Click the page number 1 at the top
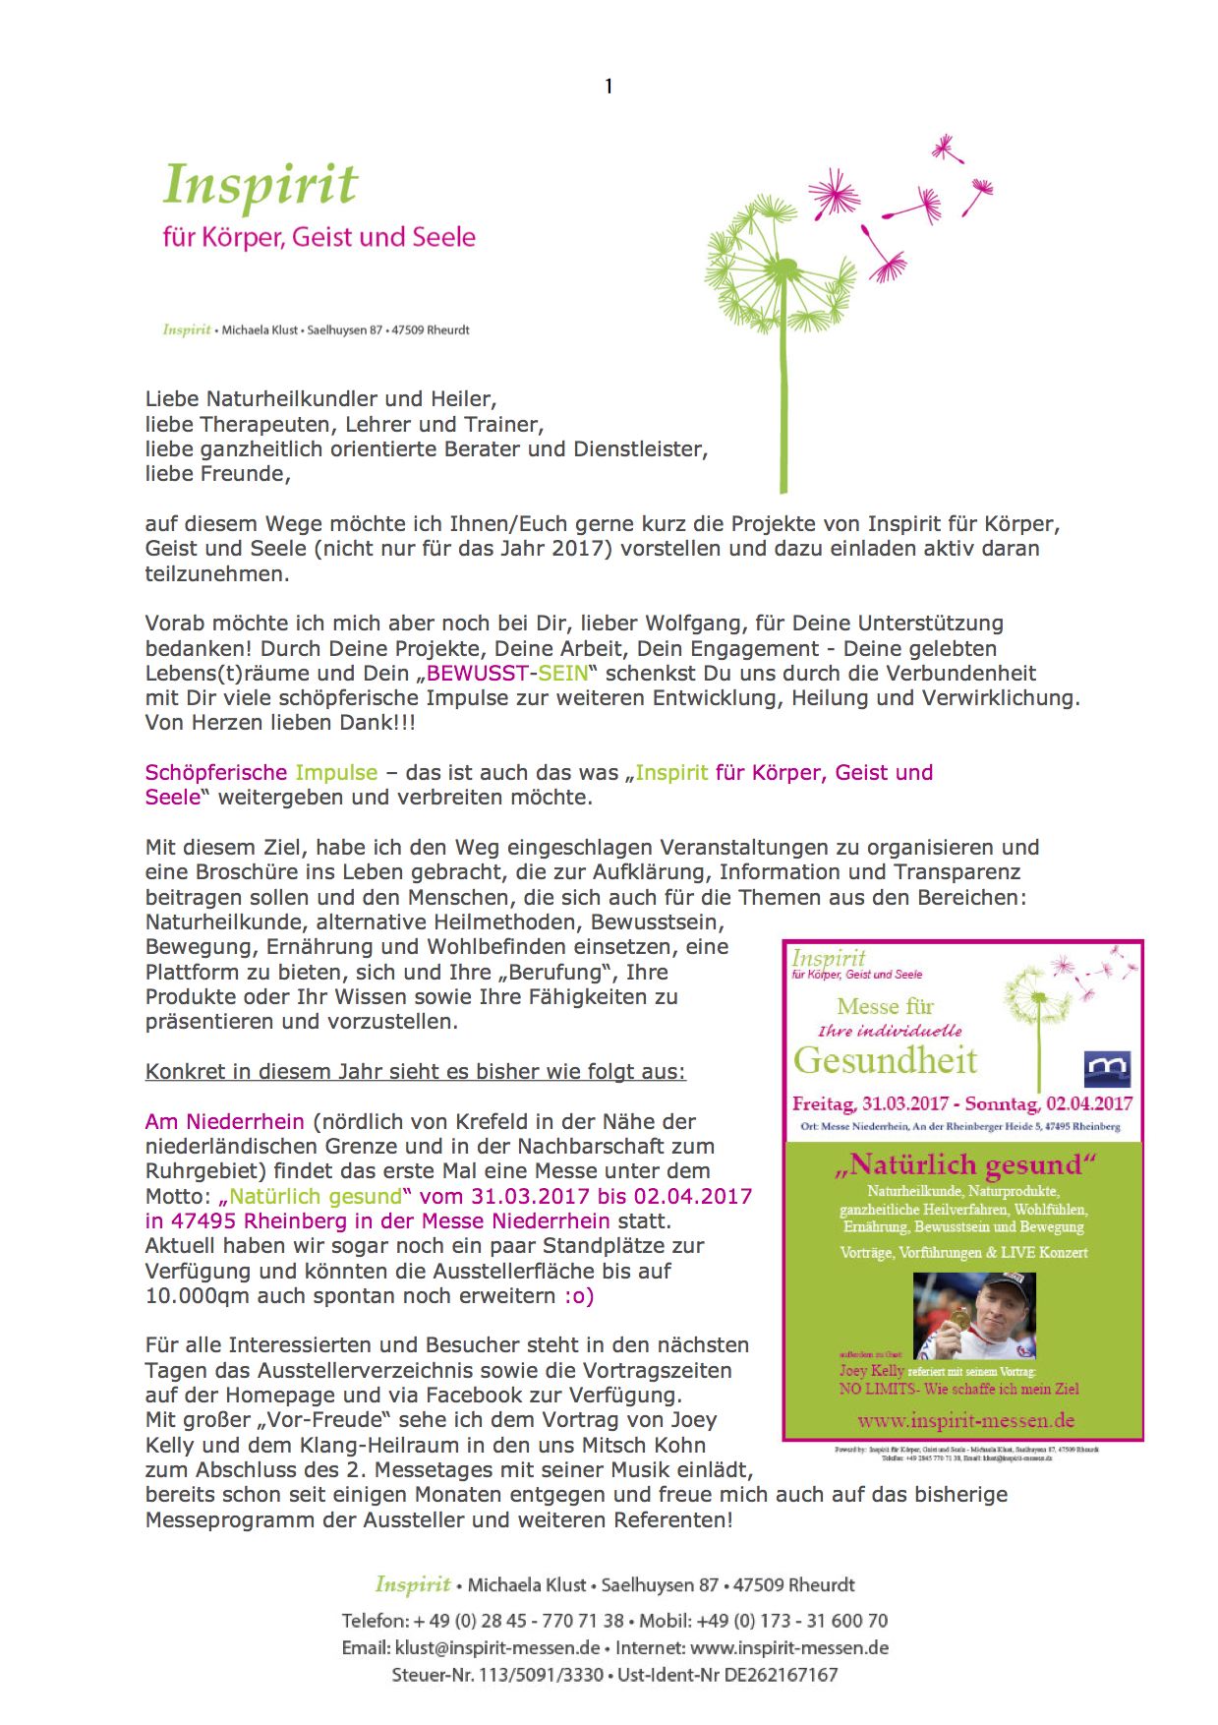point(609,87)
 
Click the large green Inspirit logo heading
point(261,186)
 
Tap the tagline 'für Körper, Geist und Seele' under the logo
point(319,237)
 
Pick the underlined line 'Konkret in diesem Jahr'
point(415,1072)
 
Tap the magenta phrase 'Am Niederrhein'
point(224,1122)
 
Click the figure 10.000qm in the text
point(198,1296)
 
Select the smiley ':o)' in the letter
point(579,1296)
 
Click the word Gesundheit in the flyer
point(885,1060)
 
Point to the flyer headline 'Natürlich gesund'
point(963,1165)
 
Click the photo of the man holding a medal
point(973,1316)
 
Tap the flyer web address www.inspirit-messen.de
point(965,1421)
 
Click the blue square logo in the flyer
point(1107,1068)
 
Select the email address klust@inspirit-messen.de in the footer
point(497,1648)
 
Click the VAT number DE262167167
point(781,1675)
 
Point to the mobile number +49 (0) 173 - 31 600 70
point(791,1621)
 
